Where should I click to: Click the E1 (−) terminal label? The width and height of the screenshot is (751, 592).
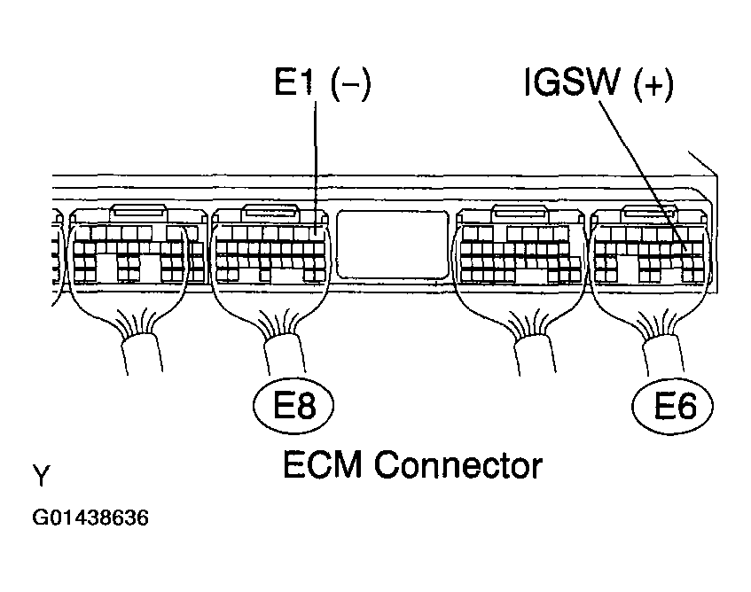click(x=322, y=85)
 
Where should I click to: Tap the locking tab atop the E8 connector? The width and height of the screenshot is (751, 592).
click(x=270, y=213)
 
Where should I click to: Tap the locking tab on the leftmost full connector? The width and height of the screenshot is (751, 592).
click(x=137, y=213)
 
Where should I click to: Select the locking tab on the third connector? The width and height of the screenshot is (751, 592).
click(x=518, y=213)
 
